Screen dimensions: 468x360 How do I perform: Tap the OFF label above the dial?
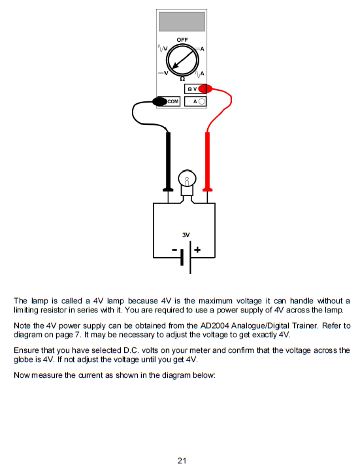[x=182, y=40]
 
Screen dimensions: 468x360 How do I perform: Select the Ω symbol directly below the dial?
[x=182, y=79]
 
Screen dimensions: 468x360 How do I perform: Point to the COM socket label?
[x=173, y=101]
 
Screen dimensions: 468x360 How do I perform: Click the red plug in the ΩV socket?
[x=205, y=89]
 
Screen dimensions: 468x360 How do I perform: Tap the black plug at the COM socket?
[x=159, y=101]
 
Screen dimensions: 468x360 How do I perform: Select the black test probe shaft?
[x=169, y=157]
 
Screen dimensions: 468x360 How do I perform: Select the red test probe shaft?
[x=208, y=157]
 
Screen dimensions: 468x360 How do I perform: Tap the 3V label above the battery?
[x=186, y=234]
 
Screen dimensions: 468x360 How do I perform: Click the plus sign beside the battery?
[x=197, y=250]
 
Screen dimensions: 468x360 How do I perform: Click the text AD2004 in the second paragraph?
[x=230, y=326]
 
